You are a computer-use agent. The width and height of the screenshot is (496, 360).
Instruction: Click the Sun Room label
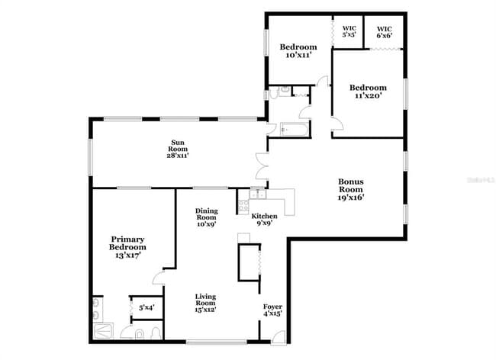pyautogui.click(x=178, y=143)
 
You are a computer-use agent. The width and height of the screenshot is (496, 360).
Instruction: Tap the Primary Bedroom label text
pyautogui.click(x=127, y=243)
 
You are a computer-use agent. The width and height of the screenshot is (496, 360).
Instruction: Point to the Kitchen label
pyautogui.click(x=265, y=216)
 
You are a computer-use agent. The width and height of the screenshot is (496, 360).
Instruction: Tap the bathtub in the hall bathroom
pyautogui.click(x=293, y=130)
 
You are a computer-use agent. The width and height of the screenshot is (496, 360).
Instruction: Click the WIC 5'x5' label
pyautogui.click(x=349, y=31)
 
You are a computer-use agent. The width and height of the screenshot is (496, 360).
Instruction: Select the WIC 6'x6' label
pyautogui.click(x=385, y=32)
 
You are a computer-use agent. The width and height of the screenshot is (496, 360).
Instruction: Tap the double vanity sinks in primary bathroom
pyautogui.click(x=96, y=310)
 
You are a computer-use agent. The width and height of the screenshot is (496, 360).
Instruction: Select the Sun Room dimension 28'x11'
pyautogui.click(x=178, y=155)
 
